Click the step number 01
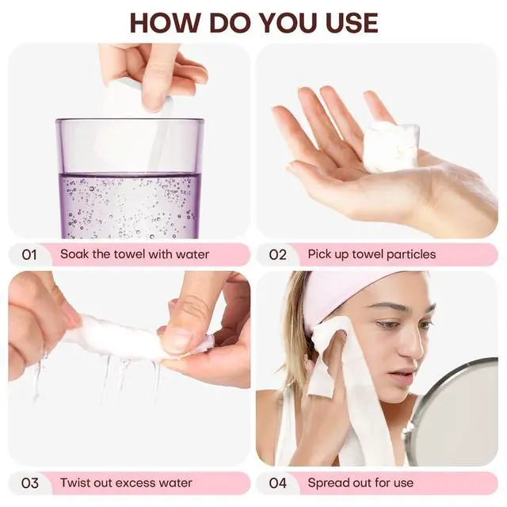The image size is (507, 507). [29, 255]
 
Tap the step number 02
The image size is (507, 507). [278, 255]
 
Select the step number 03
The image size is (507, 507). [30, 483]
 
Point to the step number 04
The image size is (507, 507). [278, 483]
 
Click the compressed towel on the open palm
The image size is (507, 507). [391, 147]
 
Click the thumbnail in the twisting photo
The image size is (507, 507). [176, 340]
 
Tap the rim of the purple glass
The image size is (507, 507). [130, 121]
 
